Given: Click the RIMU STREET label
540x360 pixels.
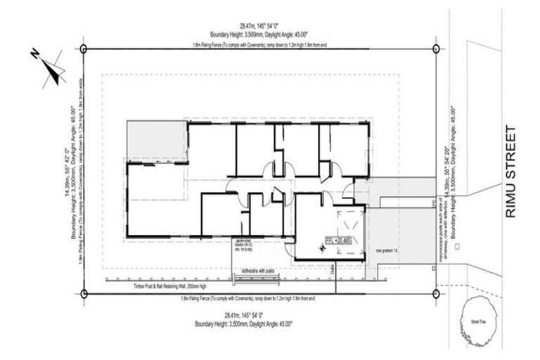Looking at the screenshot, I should (511, 172).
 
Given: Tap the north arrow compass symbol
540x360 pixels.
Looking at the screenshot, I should (50, 67).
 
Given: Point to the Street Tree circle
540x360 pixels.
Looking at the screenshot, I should (477, 320).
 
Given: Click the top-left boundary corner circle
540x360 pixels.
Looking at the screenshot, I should (84, 49).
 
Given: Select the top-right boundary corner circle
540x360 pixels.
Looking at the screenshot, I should (437, 49).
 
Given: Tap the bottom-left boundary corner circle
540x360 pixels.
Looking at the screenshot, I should (84, 293).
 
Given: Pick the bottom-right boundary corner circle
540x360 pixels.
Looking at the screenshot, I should (437, 293).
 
